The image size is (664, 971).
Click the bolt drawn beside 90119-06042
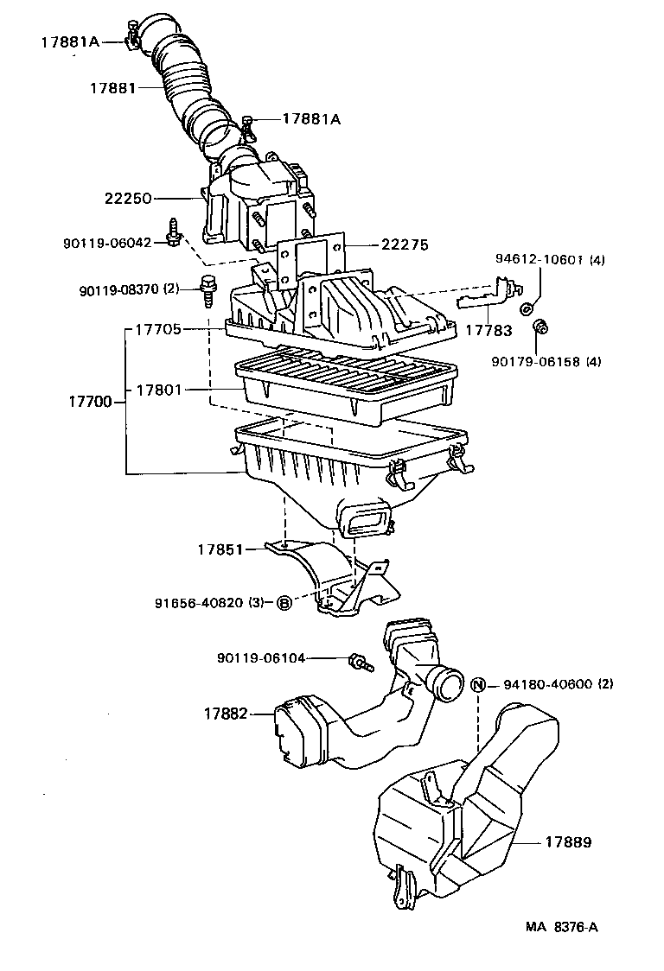pyautogui.click(x=174, y=231)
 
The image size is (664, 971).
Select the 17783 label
pyautogui.click(x=488, y=330)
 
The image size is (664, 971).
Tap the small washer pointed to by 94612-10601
pyautogui.click(x=526, y=308)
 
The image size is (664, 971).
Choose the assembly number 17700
pyautogui.click(x=91, y=402)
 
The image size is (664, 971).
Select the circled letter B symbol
pyautogui.click(x=284, y=603)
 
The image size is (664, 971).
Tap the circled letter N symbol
pyautogui.click(x=479, y=684)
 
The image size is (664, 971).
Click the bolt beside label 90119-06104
pyautogui.click(x=357, y=663)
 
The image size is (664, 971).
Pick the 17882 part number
pyautogui.click(x=227, y=714)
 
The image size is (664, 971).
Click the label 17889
pyautogui.click(x=568, y=841)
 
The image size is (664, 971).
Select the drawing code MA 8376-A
pyautogui.click(x=562, y=928)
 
